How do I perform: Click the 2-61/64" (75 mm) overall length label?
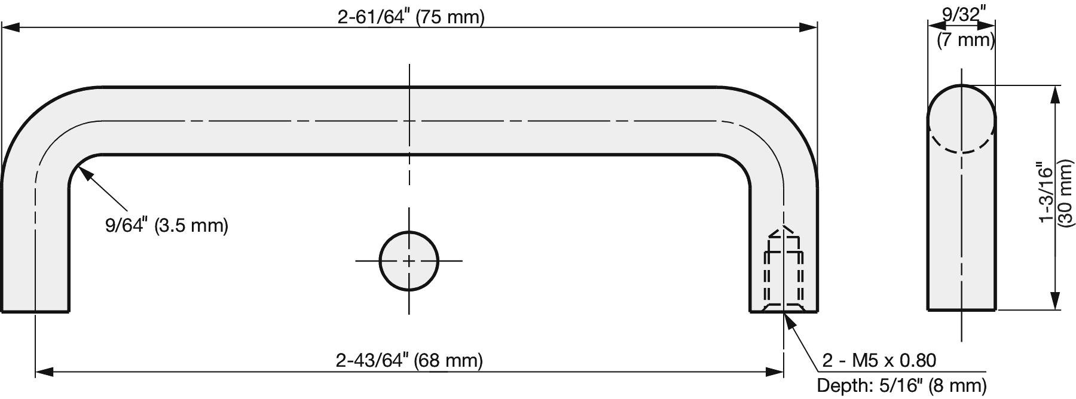point(411,17)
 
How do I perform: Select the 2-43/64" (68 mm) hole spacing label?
point(409,360)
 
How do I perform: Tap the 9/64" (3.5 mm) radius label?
point(167,225)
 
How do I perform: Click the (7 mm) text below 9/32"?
point(965,41)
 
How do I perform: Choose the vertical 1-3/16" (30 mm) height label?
point(1056,193)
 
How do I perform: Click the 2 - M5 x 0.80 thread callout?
point(879,360)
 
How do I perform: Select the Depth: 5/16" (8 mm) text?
point(901,385)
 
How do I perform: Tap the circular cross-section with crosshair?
point(409,261)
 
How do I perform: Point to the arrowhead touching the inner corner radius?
point(85,174)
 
